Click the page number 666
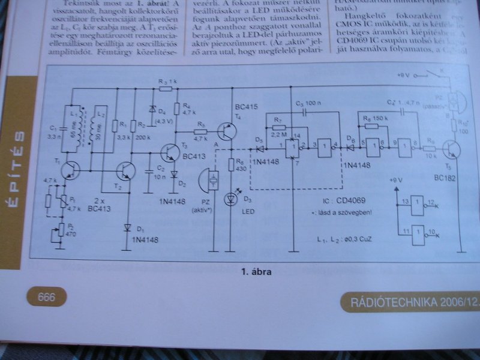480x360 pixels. point(46,296)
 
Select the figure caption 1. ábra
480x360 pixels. point(257,272)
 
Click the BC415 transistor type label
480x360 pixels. point(247,107)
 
